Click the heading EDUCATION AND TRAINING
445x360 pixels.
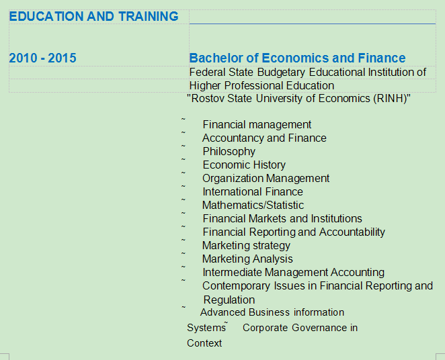pyautogui.click(x=93, y=16)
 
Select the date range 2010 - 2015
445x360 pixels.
pyautogui.click(x=42, y=58)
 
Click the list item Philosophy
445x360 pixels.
pyautogui.click(x=229, y=152)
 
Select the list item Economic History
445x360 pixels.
pyautogui.click(x=244, y=165)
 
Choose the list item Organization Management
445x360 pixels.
pyautogui.click(x=266, y=178)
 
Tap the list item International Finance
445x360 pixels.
pyautogui.click(x=253, y=191)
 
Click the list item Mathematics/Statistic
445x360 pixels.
pyautogui.click(x=253, y=205)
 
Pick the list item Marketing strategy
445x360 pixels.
pyautogui.click(x=246, y=245)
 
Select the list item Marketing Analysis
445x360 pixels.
pyautogui.click(x=247, y=259)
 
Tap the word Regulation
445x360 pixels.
pyautogui.click(x=229, y=300)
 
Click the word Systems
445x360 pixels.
pyautogui.click(x=206, y=328)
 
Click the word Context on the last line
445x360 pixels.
pyautogui.click(x=204, y=343)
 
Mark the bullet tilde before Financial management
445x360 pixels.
pyautogui.click(x=184, y=119)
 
